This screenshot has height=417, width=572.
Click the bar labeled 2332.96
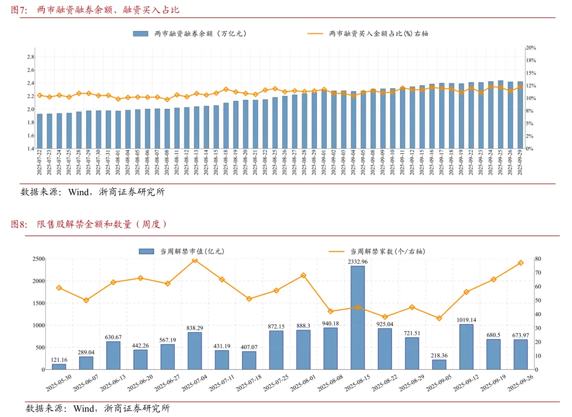(x=357, y=317)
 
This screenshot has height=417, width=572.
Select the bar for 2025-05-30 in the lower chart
(x=59, y=367)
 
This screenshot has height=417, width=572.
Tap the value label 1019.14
(x=466, y=320)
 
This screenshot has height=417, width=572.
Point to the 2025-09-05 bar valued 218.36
(x=439, y=364)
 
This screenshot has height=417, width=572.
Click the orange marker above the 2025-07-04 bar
(x=195, y=260)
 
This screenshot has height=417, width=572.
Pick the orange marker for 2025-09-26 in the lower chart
(x=520, y=263)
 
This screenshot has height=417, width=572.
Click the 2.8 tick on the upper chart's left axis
(x=31, y=57)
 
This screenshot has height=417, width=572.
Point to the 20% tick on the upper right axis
(x=531, y=48)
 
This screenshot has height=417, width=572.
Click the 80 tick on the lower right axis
(x=538, y=259)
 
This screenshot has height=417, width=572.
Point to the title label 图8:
(x=19, y=224)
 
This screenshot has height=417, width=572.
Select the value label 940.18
(x=330, y=324)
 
